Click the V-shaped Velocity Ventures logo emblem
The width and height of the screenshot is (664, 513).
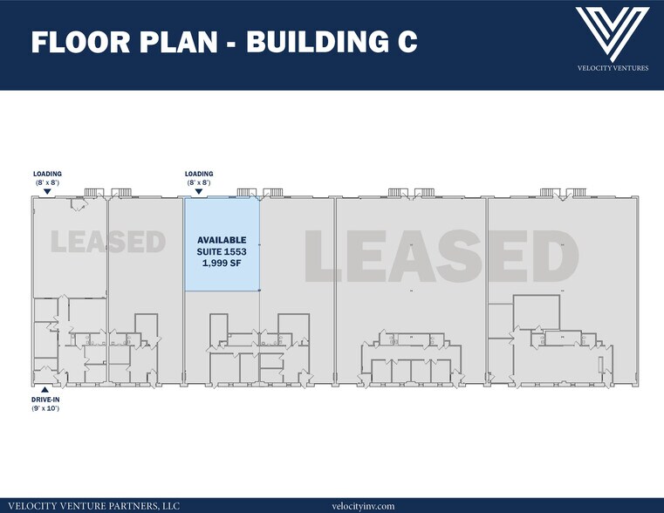pos(613,33)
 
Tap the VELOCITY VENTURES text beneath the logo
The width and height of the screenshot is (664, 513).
pos(613,67)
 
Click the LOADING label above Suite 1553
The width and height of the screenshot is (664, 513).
pos(199,174)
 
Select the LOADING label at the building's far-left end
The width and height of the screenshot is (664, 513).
pos(47,174)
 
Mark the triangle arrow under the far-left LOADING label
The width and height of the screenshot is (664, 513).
pos(47,191)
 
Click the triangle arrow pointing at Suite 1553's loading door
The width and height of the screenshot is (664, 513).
pos(199,191)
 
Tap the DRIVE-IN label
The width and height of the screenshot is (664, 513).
pos(47,400)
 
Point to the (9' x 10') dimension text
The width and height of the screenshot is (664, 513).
pos(47,408)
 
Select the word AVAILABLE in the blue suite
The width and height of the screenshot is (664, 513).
pos(222,240)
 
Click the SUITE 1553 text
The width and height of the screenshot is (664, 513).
pos(222,251)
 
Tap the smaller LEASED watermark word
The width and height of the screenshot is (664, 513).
pos(107,241)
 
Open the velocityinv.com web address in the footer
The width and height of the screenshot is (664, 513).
pos(364,505)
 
